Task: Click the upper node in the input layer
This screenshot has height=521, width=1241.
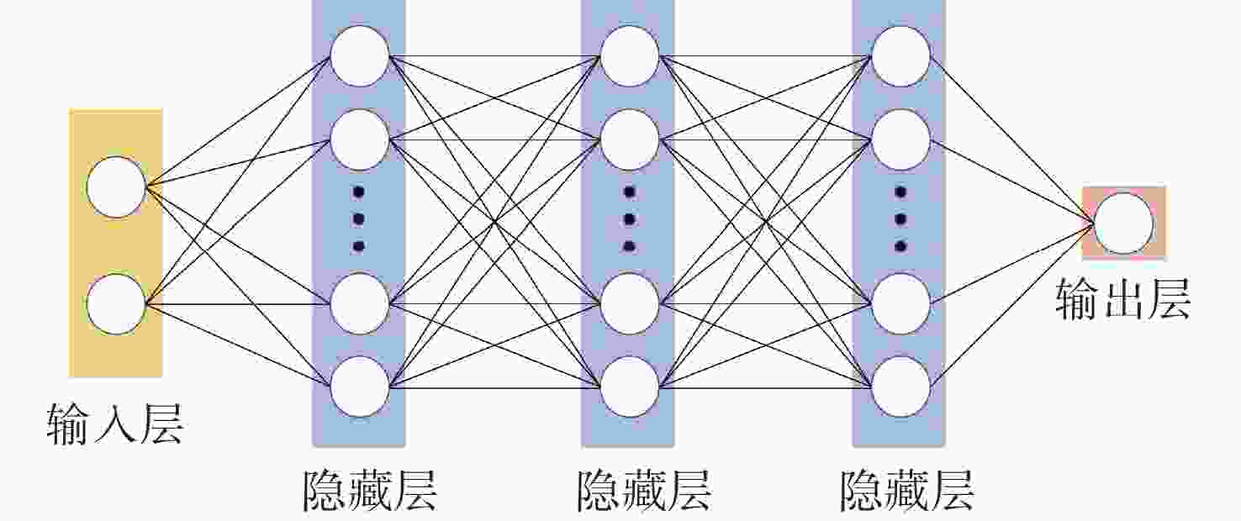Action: pos(116,187)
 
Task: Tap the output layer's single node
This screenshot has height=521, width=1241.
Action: pos(1123,223)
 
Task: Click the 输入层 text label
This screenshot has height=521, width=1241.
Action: pos(115,424)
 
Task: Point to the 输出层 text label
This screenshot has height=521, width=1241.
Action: pos(1122,299)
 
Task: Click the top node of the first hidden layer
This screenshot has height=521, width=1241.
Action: pos(360,56)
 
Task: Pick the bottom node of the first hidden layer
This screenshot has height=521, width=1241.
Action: pos(360,387)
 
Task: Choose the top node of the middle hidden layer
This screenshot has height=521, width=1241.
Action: pos(630,56)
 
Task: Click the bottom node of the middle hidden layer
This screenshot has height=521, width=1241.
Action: pos(630,387)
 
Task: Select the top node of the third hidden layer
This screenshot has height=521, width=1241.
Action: pos(900,56)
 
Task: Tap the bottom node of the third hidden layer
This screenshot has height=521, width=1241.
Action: pos(900,387)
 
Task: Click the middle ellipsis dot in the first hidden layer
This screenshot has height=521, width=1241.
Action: pos(359,219)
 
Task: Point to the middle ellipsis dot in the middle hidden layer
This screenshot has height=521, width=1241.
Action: pos(630,219)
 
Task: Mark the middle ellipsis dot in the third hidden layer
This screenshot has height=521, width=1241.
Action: pos(900,219)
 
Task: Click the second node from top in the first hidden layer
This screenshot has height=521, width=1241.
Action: pos(360,139)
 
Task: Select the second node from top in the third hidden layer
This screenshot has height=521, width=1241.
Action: pos(900,139)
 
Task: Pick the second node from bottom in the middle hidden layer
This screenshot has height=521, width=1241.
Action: pos(630,303)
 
